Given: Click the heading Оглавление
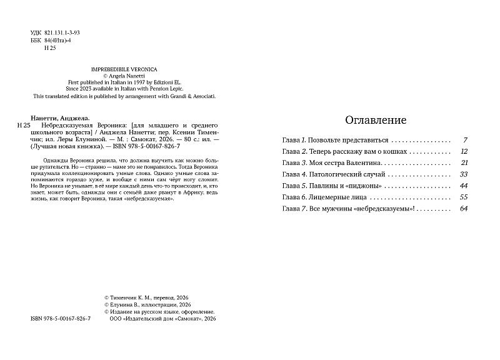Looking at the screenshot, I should tap(376, 120).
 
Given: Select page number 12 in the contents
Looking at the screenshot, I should tap(463, 151).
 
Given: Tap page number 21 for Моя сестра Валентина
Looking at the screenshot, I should tap(464, 162).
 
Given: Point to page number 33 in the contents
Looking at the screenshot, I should tap(463, 174).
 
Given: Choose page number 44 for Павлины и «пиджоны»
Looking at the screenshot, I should tap(463, 186).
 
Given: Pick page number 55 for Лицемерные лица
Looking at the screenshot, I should tap(463, 197).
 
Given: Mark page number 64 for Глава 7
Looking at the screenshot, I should tap(463, 208).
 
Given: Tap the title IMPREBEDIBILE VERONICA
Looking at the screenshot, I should tap(124, 67).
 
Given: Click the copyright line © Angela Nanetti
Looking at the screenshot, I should tap(124, 74).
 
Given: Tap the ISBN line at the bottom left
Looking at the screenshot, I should tap(60, 319).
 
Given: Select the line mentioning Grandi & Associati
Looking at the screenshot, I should tap(124, 96).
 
